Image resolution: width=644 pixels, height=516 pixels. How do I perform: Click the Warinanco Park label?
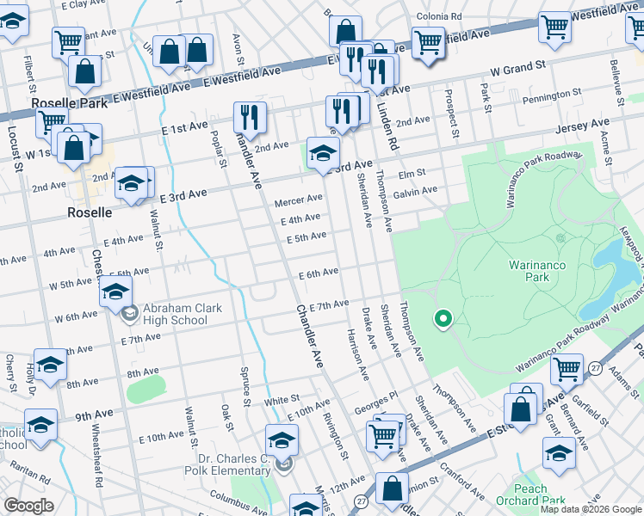pyautogui.click(x=536, y=272)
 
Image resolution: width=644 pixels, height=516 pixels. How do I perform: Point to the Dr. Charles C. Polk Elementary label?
pyautogui.click(x=228, y=464)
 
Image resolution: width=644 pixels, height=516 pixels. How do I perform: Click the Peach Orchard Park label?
pyautogui.click(x=530, y=494)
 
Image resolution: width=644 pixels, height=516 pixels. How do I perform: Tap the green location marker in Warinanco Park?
pyautogui.click(x=443, y=319)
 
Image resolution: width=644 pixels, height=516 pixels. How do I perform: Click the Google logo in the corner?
pyautogui.click(x=28, y=506)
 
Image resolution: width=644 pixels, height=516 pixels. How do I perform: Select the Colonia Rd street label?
pyautogui.click(x=439, y=16)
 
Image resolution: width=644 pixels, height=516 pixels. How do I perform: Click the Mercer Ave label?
pyautogui.click(x=298, y=201)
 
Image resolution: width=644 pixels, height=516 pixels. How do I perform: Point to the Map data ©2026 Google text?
pyautogui.click(x=591, y=509)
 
